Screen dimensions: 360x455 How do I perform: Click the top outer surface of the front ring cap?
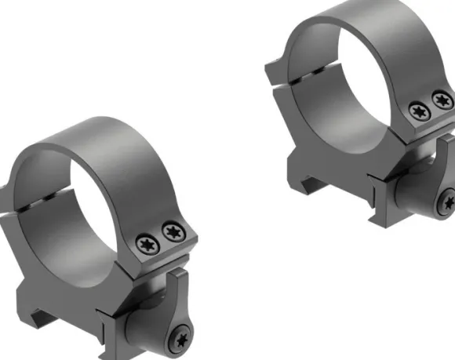[x=94, y=145]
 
